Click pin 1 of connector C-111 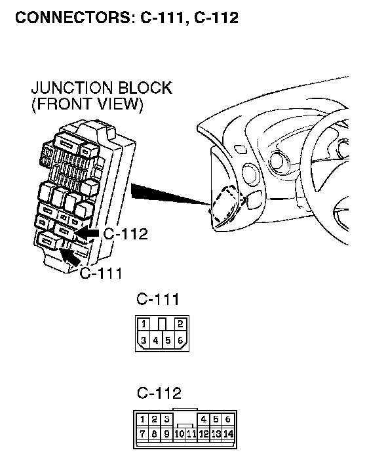click(144, 323)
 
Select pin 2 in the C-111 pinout click(180, 323)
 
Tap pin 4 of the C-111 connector click(156, 340)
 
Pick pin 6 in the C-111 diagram click(180, 340)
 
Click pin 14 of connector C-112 click(228, 434)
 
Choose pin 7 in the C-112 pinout click(142, 434)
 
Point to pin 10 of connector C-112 click(179, 434)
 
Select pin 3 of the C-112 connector click(166, 419)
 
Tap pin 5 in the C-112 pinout click(216, 419)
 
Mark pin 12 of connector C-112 click(204, 434)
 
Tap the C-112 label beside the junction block click(125, 234)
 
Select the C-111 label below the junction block click(101, 273)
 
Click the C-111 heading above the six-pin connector click(158, 299)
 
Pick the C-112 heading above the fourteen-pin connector click(159, 393)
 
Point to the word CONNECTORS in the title click(73, 17)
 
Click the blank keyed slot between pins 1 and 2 click(162, 324)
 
